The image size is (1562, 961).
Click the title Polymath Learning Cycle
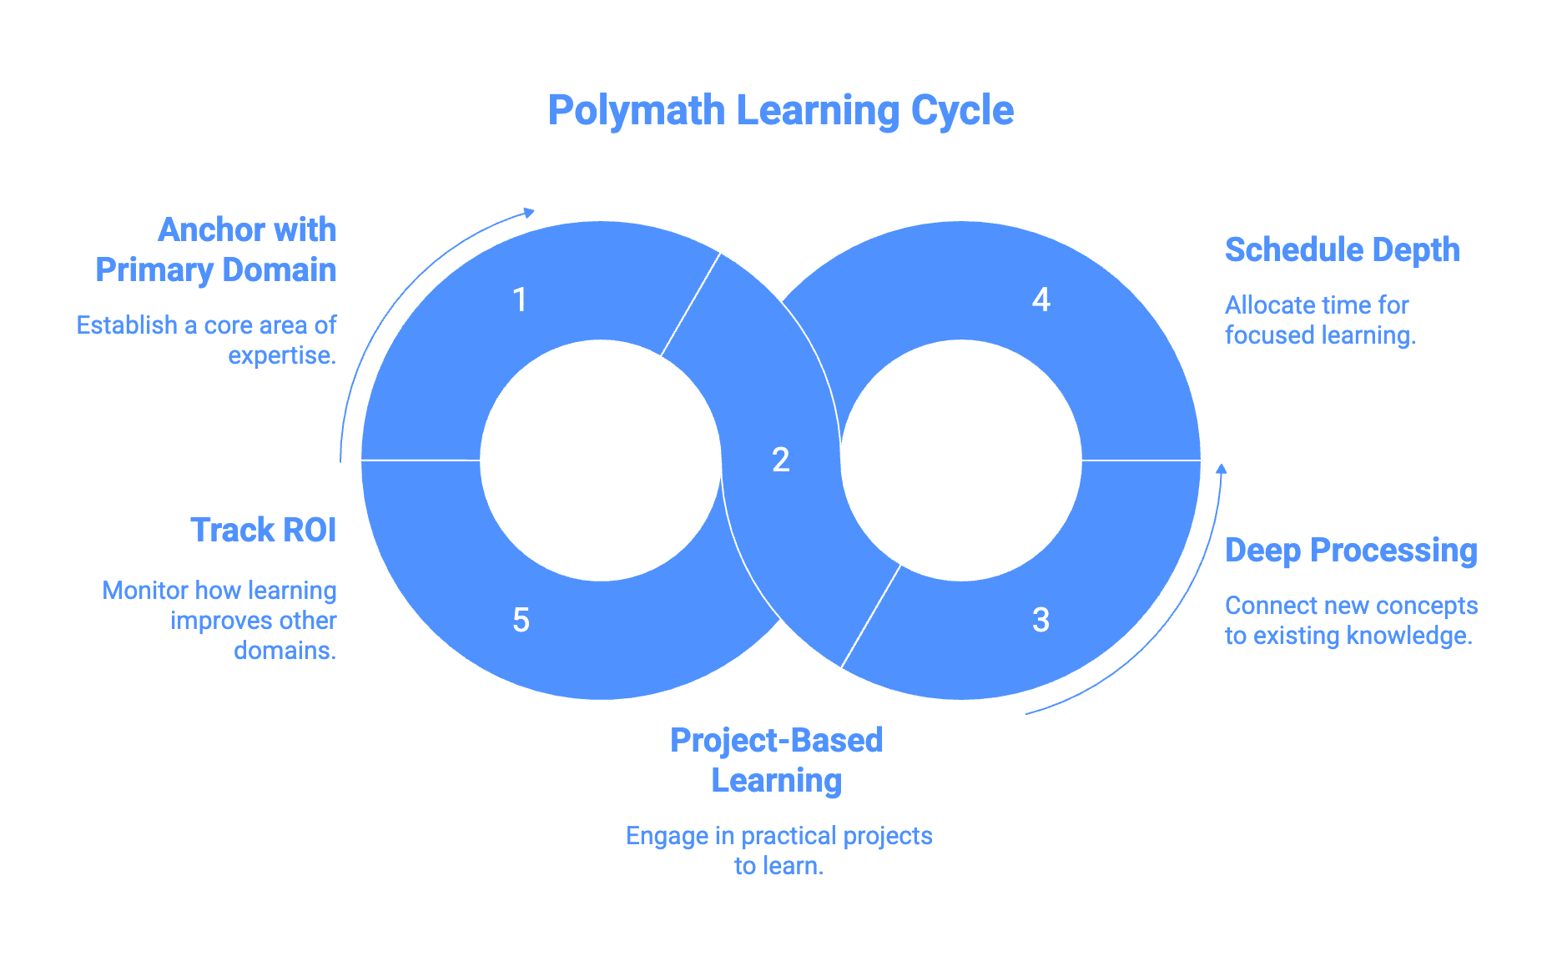[x=780, y=111]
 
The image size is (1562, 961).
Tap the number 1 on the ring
[x=520, y=299]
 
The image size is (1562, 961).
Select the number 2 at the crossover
[x=780, y=460]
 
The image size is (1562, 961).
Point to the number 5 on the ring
[x=521, y=620]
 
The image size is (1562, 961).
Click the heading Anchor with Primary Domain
[x=216, y=249]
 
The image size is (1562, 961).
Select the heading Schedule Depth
[x=1342, y=249]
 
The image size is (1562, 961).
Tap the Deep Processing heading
[x=1350, y=550]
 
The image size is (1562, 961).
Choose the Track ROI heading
[x=263, y=530]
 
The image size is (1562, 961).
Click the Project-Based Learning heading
[x=776, y=760]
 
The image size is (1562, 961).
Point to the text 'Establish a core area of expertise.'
[x=207, y=340]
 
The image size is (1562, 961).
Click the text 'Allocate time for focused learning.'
[x=1320, y=319]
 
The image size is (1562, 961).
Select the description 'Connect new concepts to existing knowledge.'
[x=1350, y=620]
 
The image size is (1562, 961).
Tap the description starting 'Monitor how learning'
[x=219, y=620]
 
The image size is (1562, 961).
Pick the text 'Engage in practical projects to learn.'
[x=778, y=850]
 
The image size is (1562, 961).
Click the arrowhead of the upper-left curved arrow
[x=528, y=213]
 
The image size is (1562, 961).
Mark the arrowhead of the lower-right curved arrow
[x=1221, y=469]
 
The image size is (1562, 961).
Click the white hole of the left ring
[x=601, y=460]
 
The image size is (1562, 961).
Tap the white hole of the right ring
[x=960, y=460]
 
